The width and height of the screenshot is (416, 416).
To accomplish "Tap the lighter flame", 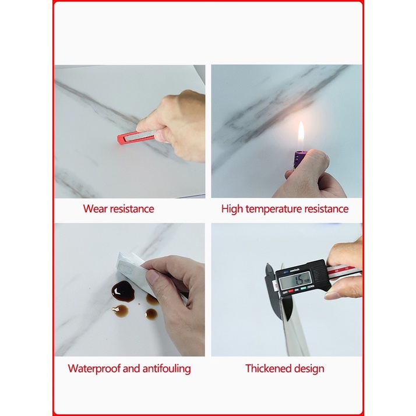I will click(301, 133).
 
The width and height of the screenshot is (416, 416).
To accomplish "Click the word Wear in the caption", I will click(95, 209).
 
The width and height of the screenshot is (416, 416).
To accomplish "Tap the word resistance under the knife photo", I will click(132, 209).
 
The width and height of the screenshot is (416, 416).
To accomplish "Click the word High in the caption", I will click(232, 209).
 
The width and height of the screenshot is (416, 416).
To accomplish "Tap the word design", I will click(310, 368).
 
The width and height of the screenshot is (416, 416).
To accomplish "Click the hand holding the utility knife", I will click(178, 125).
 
